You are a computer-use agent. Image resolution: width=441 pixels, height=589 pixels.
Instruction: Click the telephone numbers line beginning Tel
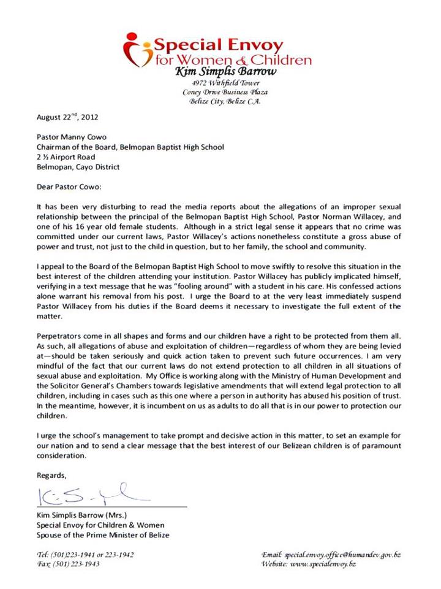click(85, 554)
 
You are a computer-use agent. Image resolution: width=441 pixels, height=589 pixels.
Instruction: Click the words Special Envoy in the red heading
click(218, 45)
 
